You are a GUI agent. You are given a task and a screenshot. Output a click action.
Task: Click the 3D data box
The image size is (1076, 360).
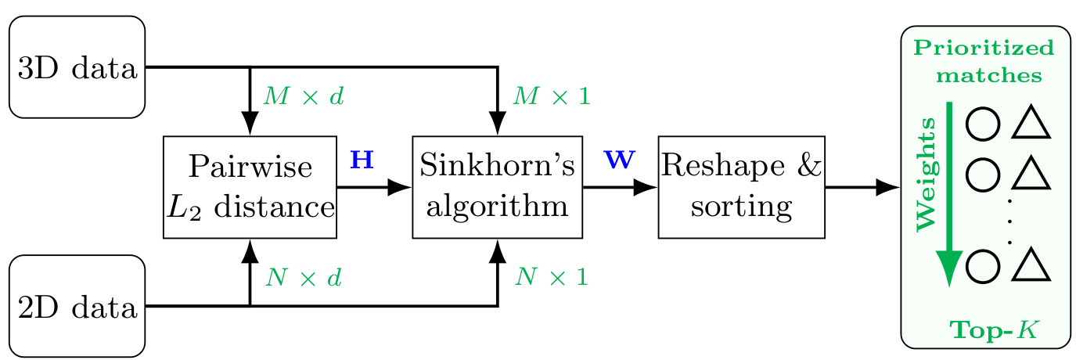tap(77, 68)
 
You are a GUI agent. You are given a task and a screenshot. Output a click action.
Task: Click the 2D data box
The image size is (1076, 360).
tap(77, 306)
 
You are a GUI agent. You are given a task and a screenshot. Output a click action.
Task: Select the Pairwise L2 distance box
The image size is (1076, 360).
tap(250, 187)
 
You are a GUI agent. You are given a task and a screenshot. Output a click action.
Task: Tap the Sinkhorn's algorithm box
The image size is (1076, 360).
tap(497, 187)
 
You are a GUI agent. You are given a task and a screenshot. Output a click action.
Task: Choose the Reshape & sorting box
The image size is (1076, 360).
tap(741, 187)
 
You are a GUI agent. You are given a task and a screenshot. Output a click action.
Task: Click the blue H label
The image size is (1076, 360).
tap(362, 160)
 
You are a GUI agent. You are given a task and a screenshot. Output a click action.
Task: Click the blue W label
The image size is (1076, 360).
tap(620, 160)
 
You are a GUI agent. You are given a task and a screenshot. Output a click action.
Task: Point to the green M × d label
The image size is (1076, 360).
tap(303, 96)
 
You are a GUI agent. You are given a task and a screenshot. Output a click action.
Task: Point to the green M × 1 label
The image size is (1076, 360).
tap(551, 96)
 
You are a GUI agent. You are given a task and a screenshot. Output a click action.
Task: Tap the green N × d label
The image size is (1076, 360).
tap(303, 277)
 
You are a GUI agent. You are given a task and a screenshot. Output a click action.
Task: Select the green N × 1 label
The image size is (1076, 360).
tap(551, 277)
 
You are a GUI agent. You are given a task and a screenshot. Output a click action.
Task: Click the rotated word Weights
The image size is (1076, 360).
tap(926, 174)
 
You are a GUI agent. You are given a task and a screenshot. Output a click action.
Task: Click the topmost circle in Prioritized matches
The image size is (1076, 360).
tap(982, 124)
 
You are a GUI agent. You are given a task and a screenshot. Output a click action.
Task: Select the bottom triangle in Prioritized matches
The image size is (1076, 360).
tap(1031, 266)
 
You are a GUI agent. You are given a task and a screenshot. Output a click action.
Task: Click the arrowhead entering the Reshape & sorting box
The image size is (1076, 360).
tap(646, 187)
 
